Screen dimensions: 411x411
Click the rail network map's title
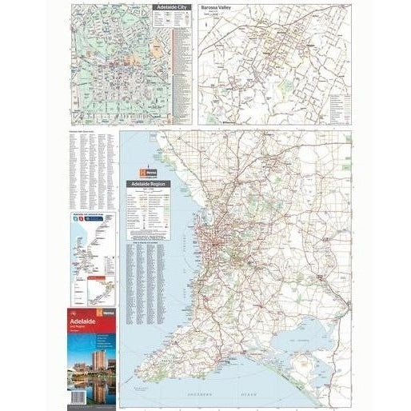tap(90, 214)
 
